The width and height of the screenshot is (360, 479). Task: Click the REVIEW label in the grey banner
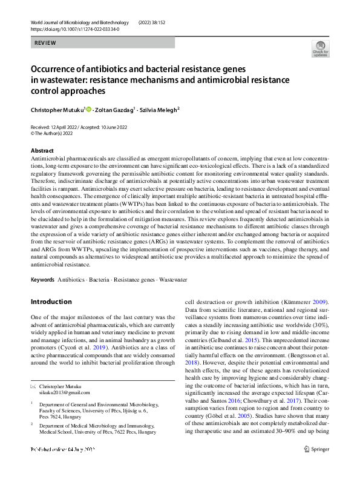(x=45, y=43)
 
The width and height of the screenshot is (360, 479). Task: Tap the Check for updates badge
(x=319, y=49)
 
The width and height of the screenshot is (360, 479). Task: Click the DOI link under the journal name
(x=74, y=29)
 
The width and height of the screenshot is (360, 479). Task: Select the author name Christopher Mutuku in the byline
(x=57, y=110)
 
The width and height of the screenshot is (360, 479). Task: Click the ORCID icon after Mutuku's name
(x=88, y=110)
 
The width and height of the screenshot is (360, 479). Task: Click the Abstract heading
(x=42, y=150)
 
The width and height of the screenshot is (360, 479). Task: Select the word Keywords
(x=42, y=280)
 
